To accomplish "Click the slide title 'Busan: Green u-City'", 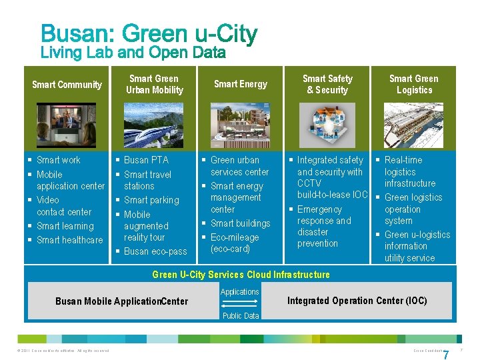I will (149, 34).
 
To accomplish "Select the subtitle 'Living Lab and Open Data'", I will (133, 53).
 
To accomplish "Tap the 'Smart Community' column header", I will (67, 85).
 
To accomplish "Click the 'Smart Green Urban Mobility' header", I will (154, 85).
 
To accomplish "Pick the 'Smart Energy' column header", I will (240, 84).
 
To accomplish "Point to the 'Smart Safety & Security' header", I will (327, 85).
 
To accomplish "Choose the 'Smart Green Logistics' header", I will (414, 85).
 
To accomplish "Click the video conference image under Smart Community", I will (67, 125).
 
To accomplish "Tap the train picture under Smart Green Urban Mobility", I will (154, 125).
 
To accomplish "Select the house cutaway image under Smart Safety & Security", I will (327, 125).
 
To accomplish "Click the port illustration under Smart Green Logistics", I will (414, 125).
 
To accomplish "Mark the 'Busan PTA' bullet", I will (146, 160).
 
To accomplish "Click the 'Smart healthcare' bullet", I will (69, 240).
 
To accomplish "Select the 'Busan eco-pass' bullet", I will (155, 251).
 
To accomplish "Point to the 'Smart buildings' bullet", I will (240, 223).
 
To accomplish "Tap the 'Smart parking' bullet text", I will (151, 200).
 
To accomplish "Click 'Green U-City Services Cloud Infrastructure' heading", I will (241, 275).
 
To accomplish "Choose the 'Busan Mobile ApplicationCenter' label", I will (121, 301).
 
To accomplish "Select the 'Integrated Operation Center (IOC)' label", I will (357, 301).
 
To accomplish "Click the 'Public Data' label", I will (240, 316).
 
